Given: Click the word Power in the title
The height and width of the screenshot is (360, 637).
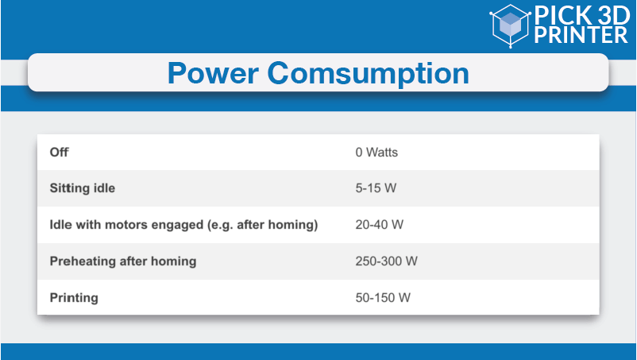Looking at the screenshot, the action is [x=214, y=73].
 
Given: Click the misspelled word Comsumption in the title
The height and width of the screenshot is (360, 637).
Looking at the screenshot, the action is [x=368, y=74].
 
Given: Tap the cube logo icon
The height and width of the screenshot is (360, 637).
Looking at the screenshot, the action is [x=510, y=25].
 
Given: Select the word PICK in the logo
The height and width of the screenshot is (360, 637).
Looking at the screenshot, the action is [x=562, y=16].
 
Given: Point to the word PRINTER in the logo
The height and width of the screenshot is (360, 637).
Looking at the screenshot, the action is [x=581, y=34].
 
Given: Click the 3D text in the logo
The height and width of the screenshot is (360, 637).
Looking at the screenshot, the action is [x=613, y=16].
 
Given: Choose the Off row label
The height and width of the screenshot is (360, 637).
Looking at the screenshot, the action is [x=59, y=153].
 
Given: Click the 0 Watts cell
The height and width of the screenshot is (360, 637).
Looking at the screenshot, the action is [x=376, y=153].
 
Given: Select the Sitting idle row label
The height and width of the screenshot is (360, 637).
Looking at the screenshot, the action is [x=82, y=188].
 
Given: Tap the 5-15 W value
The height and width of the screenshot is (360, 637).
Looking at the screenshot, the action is [x=376, y=188].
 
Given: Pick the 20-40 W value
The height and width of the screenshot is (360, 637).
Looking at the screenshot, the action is [x=380, y=225].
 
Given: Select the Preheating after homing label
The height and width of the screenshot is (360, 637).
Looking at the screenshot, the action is [x=122, y=261].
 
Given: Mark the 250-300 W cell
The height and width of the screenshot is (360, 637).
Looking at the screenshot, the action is [x=386, y=261].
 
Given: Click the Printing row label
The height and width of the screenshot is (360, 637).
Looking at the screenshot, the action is [x=74, y=298].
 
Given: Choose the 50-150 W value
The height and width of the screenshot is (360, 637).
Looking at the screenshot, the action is [x=383, y=298].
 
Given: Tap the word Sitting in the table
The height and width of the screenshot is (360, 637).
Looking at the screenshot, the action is [x=64, y=188].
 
